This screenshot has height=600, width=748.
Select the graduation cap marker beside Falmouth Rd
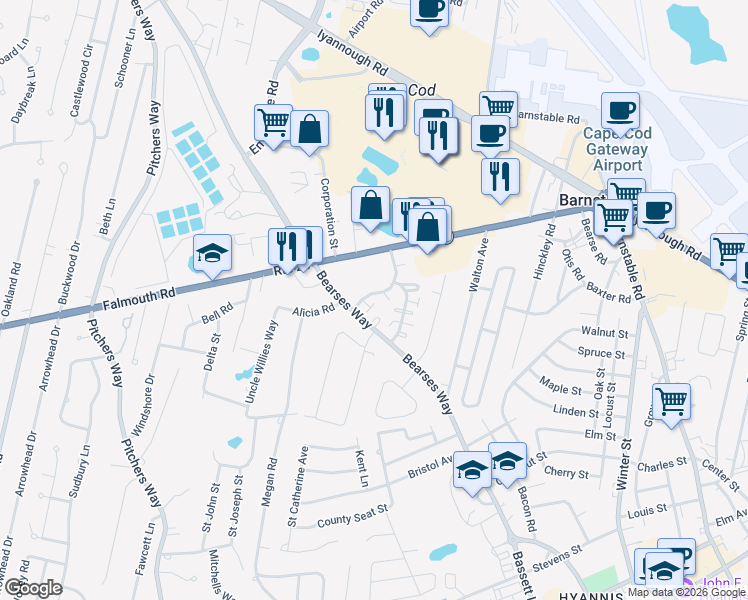point(212,254)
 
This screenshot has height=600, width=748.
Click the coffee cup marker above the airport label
point(619,111)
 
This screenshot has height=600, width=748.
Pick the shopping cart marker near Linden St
point(672,401)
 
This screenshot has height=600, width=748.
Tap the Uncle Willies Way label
point(262,361)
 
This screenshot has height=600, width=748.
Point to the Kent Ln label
point(363,468)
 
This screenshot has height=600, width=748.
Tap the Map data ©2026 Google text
point(686,592)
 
